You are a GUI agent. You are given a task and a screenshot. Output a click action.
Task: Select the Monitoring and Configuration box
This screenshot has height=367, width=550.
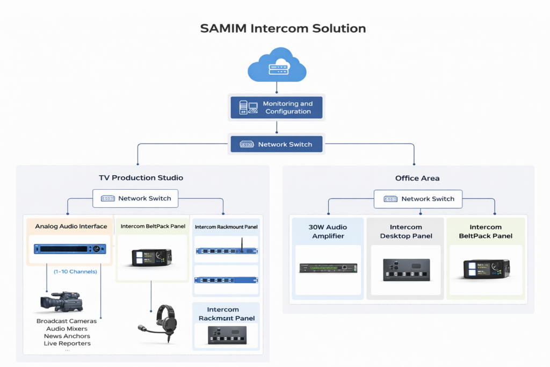277,107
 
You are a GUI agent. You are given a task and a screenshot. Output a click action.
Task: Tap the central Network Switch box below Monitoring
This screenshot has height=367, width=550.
277,144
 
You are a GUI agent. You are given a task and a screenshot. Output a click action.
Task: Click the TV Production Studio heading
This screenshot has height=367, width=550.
141,178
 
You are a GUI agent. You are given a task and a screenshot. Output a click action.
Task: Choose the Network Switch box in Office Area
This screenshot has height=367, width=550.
418,199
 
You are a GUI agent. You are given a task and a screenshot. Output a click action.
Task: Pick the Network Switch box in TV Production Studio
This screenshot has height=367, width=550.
135,198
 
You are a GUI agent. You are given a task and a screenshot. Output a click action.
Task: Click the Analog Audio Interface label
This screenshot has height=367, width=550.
71,226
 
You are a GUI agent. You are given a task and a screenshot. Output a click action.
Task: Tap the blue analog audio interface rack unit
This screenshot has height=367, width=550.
70,249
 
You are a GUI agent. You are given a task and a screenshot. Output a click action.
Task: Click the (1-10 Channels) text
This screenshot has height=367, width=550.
75,271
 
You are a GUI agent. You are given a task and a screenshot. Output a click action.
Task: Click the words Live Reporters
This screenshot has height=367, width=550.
67,343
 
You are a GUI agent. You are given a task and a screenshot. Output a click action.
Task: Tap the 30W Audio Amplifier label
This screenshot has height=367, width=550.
328,232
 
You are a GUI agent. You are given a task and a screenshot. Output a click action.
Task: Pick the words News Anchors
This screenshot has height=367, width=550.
67,336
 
